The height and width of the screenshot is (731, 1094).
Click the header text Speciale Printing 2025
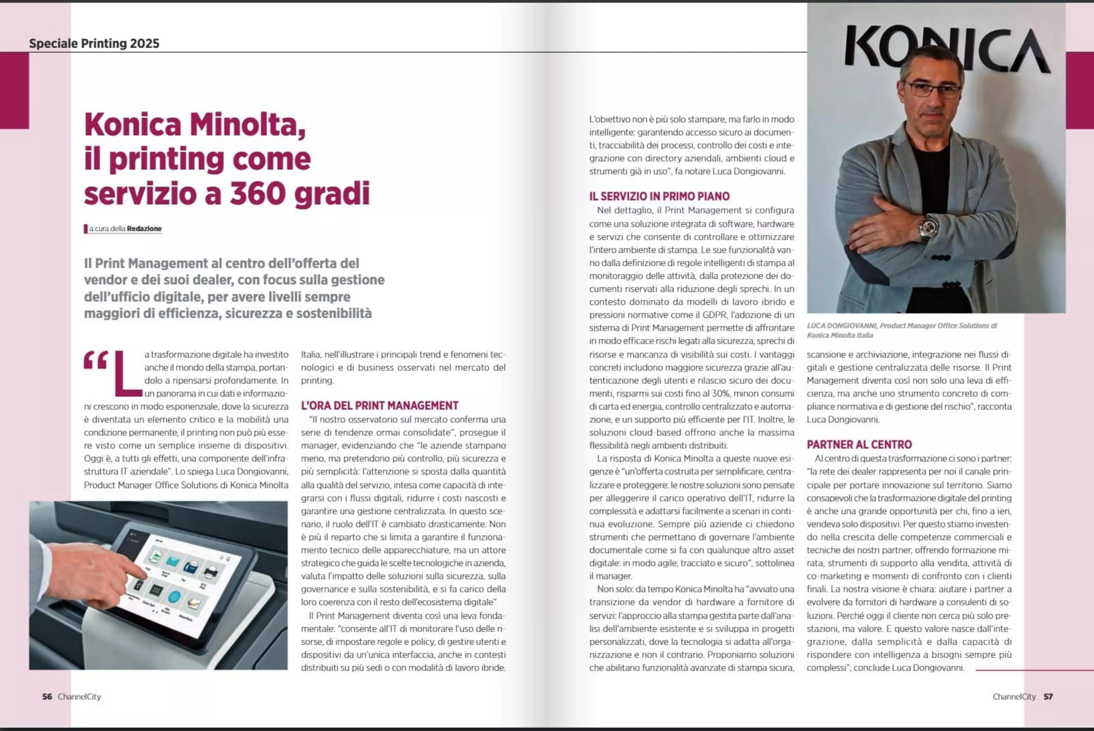[x=94, y=43]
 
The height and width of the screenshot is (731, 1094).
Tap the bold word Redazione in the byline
[x=144, y=228]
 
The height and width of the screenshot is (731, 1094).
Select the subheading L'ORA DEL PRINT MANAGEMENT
[x=379, y=406]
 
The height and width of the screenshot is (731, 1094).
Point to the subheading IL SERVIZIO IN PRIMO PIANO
[x=659, y=196]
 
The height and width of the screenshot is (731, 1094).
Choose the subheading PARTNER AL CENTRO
[x=859, y=444]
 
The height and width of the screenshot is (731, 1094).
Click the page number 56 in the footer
[x=47, y=697]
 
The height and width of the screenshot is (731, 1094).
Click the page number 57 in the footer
[x=1048, y=697]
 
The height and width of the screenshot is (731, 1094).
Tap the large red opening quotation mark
[x=95, y=360]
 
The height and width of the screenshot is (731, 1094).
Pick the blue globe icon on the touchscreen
[x=174, y=596]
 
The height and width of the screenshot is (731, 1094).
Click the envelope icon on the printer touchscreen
[x=172, y=561]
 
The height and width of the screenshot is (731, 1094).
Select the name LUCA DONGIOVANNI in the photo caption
[x=841, y=325]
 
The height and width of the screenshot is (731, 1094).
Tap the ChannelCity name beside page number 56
[x=79, y=697]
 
